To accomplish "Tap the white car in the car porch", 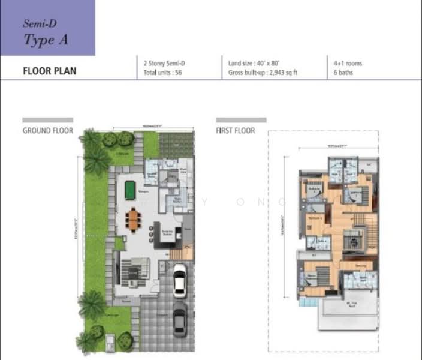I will click(x=179, y=280).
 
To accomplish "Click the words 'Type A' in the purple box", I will click(x=45, y=40).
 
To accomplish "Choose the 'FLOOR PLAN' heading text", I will click(x=49, y=71).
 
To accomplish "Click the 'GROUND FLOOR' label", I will click(x=47, y=130).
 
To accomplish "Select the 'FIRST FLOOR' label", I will click(x=235, y=130).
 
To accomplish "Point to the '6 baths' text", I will click(x=343, y=73).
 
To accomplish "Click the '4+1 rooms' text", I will click(x=348, y=63).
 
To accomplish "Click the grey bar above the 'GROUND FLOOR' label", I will click(x=47, y=120).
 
